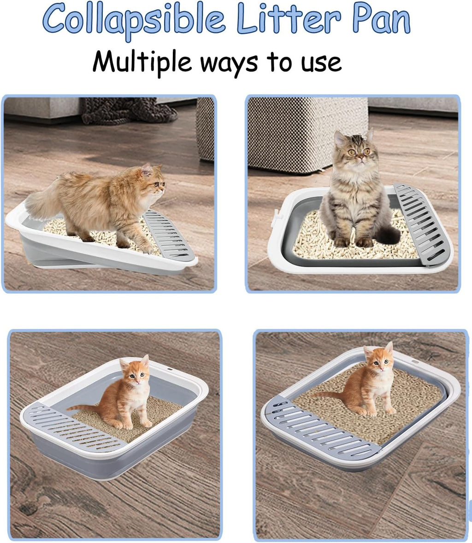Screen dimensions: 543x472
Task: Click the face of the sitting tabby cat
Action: coord(355,148)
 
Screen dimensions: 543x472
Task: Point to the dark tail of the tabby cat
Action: coord(389,234)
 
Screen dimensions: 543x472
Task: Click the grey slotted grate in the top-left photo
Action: coord(168,235)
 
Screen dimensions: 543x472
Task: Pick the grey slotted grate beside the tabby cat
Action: coord(422,224)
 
